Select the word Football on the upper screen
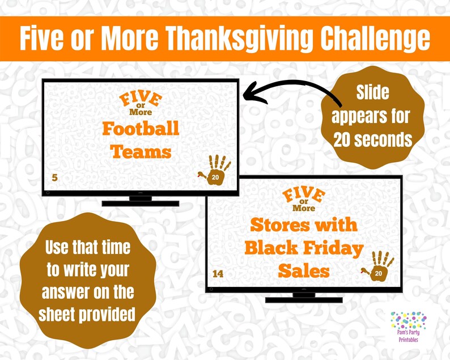point(141,128)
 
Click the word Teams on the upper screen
point(141,151)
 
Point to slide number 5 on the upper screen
point(54,178)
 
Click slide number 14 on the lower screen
point(218,274)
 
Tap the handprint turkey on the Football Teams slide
point(215,170)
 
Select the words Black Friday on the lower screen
point(304,248)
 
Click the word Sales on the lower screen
point(304,271)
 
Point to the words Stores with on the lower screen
point(304,225)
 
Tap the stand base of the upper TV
point(140,202)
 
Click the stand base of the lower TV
point(304,298)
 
